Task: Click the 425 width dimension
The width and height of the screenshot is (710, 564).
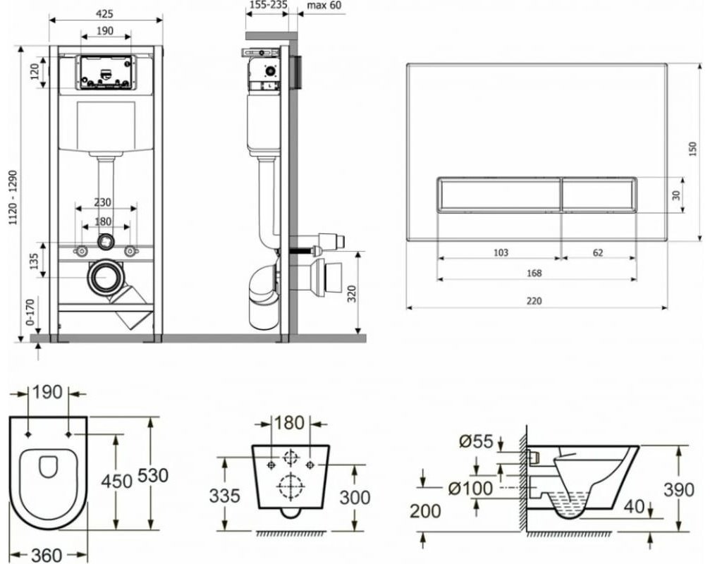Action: [x=105, y=13]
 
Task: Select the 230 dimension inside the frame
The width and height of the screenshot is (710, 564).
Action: [x=104, y=202]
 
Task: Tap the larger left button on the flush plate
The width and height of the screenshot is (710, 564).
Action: [x=500, y=195]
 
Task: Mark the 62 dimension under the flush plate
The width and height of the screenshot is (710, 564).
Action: [x=597, y=252]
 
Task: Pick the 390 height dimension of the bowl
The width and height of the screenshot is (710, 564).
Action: [x=679, y=489]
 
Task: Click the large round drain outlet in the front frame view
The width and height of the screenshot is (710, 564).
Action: [x=105, y=278]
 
